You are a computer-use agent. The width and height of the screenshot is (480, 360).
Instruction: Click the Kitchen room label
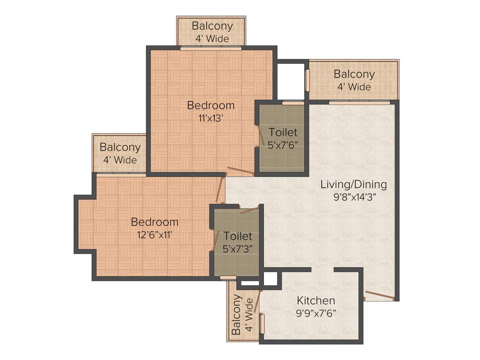(316, 300)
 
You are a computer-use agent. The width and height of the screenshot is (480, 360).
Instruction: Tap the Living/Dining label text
(353, 184)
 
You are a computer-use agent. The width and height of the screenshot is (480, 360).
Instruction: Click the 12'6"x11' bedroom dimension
(154, 234)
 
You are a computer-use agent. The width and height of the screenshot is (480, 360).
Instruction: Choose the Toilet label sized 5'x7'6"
(283, 133)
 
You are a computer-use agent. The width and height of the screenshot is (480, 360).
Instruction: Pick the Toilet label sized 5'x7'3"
(238, 236)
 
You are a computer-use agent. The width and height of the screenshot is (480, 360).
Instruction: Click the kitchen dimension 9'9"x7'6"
(316, 313)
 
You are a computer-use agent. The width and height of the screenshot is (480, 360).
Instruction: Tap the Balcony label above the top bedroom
(212, 26)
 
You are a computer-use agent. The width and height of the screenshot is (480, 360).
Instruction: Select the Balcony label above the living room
(354, 74)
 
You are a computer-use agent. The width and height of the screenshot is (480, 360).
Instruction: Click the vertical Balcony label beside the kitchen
(237, 315)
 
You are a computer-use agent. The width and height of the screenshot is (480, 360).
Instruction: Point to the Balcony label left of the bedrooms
(120, 147)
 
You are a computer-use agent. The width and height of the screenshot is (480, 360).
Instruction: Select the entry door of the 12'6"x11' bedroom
(219, 190)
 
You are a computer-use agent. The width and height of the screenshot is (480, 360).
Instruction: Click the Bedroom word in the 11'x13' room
(211, 105)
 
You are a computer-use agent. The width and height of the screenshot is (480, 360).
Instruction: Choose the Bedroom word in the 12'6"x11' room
(154, 222)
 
